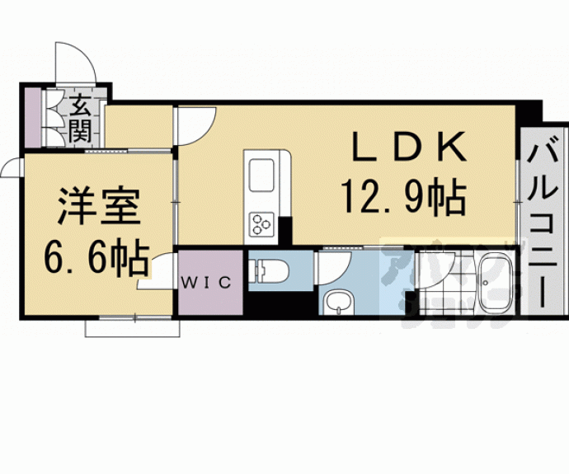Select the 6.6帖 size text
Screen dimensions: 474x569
96,256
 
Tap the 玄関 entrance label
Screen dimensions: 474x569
80,117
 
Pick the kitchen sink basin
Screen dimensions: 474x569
264,174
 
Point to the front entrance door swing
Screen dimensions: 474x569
74,64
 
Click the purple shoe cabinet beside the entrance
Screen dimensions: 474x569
31,116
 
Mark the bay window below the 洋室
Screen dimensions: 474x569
132,326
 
